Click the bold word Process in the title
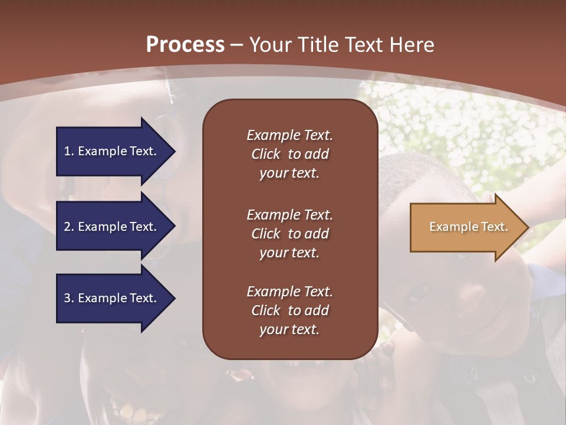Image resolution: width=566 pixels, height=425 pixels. [x=185, y=45]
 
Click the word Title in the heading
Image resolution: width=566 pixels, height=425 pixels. [x=317, y=45]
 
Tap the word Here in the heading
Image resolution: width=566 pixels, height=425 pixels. [x=411, y=45]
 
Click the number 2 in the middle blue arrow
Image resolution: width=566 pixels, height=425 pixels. [x=67, y=227]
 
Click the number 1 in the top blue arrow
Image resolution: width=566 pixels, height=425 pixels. [x=67, y=151]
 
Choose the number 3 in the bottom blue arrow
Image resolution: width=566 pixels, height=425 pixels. [x=67, y=298]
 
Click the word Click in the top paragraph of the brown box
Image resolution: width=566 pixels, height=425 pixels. [x=266, y=154]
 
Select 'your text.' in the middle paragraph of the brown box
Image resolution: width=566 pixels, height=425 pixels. [x=289, y=253]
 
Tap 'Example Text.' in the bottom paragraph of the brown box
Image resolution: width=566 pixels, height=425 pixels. [x=289, y=292]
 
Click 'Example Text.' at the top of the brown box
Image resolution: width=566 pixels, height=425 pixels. [x=289, y=135]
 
